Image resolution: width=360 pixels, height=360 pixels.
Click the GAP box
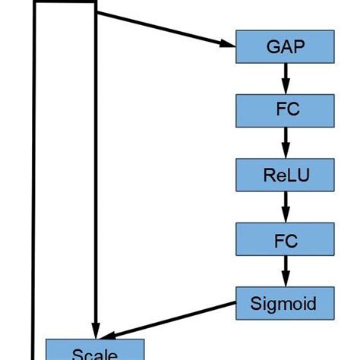pyautogui.click(x=286, y=46)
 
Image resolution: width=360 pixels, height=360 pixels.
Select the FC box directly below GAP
pyautogui.click(x=286, y=111)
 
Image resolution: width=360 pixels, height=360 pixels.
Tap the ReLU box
pyautogui.click(x=286, y=175)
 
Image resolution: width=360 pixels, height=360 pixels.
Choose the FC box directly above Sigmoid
pyautogui.click(x=286, y=240)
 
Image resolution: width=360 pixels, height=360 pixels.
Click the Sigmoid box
pyautogui.click(x=286, y=304)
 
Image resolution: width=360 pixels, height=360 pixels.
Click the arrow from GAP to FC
pyautogui.click(x=286, y=78)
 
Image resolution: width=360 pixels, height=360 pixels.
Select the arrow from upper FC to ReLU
pyautogui.click(x=286, y=143)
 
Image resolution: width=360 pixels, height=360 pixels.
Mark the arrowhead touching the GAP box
pyautogui.click(x=228, y=44)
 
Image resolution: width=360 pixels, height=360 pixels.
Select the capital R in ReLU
pyautogui.click(x=269, y=175)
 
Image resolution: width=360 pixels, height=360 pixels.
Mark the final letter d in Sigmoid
pyautogui.click(x=314, y=304)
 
